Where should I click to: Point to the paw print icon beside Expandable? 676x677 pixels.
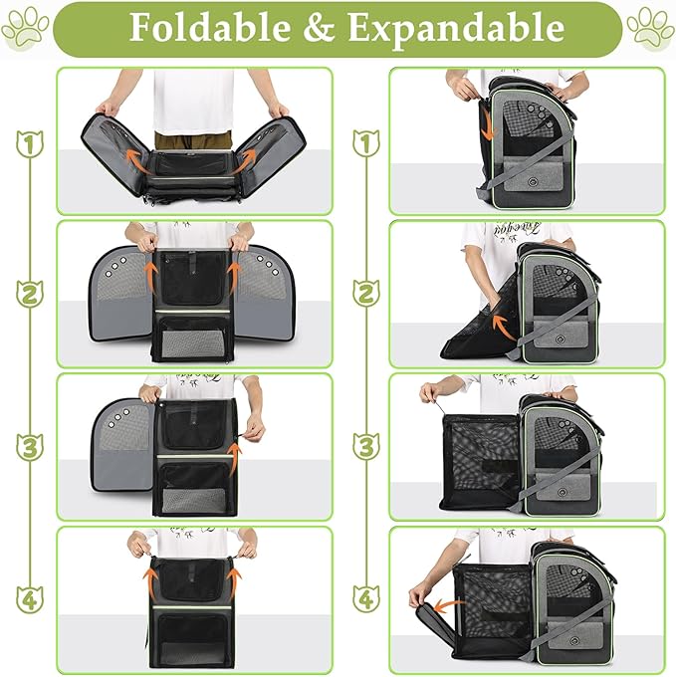pos(650,27)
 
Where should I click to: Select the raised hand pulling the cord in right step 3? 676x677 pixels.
pos(428,391)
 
